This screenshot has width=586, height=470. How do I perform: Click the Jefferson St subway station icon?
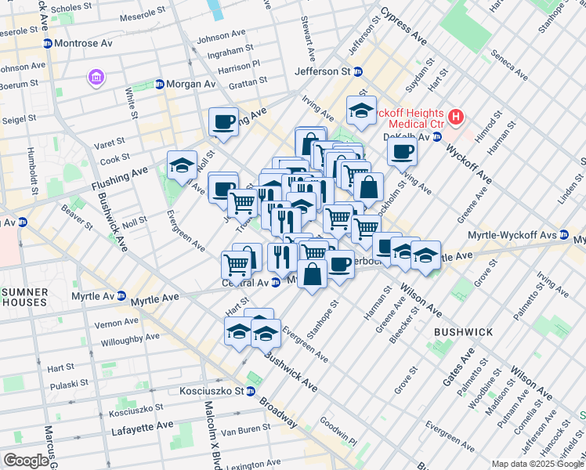click(357, 71)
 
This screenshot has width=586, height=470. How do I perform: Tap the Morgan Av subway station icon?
click(160, 84)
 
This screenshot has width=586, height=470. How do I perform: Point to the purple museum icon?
click(96, 78)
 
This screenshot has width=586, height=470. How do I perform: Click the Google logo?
click(26, 461)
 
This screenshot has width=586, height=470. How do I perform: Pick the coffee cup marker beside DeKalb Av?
click(402, 151)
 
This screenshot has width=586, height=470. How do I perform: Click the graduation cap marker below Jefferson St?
click(361, 110)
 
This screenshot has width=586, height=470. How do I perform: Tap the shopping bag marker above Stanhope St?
click(312, 275)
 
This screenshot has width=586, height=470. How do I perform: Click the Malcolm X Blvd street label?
click(210, 432)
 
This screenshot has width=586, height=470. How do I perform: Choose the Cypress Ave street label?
click(403, 26)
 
